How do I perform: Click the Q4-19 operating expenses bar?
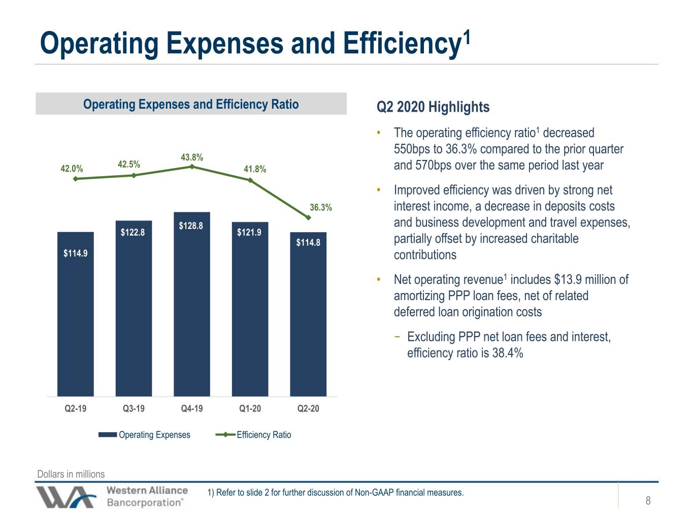[x=191, y=304]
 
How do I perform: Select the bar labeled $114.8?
[x=308, y=314]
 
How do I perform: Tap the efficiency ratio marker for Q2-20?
[x=309, y=217]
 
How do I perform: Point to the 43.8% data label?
[x=191, y=157]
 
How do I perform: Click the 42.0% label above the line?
[x=72, y=169]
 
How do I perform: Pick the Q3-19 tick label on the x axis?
[x=134, y=408]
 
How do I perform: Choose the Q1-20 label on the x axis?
[x=250, y=408]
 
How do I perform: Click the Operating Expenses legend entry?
[x=144, y=435]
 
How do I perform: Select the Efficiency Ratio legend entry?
[x=253, y=435]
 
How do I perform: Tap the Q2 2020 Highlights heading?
[x=433, y=107]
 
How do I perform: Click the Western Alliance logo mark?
[x=66, y=497]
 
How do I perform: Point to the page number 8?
[x=648, y=500]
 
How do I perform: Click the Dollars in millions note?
[x=71, y=474]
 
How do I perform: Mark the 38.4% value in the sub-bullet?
[x=508, y=352]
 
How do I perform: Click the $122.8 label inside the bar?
[x=133, y=233]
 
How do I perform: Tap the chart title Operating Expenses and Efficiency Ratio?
[x=191, y=104]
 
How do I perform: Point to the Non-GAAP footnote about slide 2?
[x=336, y=493]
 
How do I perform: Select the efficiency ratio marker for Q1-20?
[x=250, y=180]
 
